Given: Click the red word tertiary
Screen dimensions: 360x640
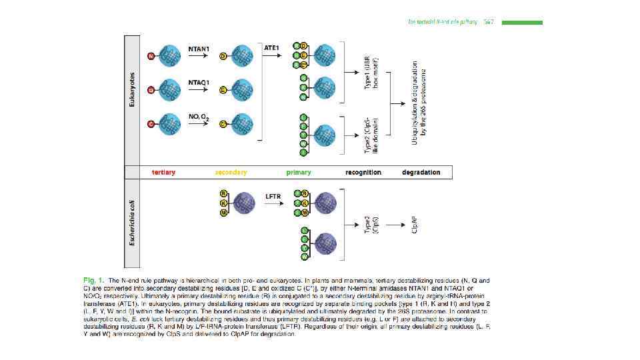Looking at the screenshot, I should [x=163, y=172].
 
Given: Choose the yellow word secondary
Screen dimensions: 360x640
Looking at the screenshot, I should [x=231, y=172].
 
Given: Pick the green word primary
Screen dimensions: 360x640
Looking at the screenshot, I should [x=299, y=172].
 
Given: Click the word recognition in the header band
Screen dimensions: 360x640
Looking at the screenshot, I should [x=363, y=172].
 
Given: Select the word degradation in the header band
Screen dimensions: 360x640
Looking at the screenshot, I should [x=421, y=172].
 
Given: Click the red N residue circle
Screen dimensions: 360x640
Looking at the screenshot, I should [x=151, y=56].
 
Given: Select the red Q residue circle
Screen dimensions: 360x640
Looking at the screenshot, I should [x=151, y=89].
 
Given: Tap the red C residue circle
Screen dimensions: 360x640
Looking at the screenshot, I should [x=151, y=124].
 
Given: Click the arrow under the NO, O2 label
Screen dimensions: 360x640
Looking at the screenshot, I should [x=199, y=125].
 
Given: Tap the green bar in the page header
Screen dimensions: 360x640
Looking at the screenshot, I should [x=522, y=23].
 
